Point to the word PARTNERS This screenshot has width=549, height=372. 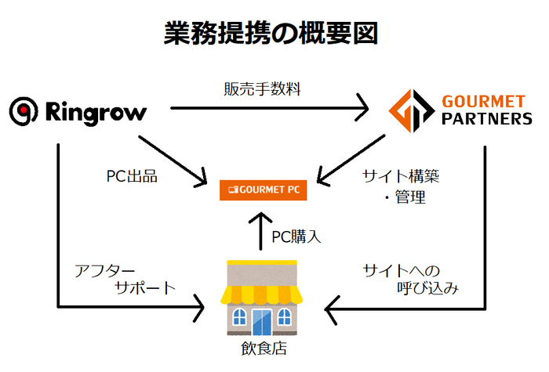487,119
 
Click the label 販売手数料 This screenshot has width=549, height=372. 262,88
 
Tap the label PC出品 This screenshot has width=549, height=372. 132,176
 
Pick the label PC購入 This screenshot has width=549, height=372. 296,236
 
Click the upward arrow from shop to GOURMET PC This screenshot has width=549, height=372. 262,231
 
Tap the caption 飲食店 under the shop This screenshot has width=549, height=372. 263,349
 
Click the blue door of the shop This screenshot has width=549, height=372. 261,320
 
